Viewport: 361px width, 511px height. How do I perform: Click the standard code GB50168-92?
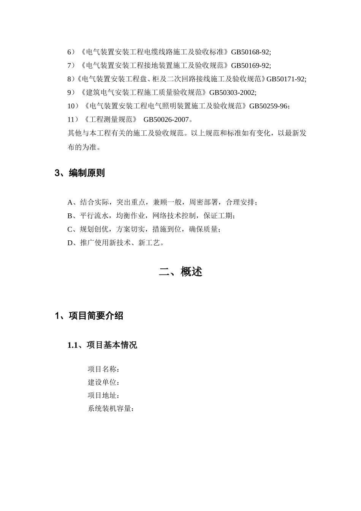[x=250, y=52]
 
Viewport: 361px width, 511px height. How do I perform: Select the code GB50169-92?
[x=250, y=65]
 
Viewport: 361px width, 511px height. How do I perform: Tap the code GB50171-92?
[x=285, y=79]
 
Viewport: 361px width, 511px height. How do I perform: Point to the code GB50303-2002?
[x=232, y=92]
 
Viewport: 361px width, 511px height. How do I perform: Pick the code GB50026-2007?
[x=166, y=120]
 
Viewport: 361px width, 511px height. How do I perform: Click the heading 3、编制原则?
[x=80, y=173]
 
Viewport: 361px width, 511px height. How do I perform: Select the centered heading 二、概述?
[x=180, y=272]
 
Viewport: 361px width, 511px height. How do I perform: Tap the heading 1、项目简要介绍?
[x=89, y=316]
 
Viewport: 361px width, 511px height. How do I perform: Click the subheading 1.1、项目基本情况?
[x=102, y=345]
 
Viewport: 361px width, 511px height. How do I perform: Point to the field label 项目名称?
[x=102, y=369]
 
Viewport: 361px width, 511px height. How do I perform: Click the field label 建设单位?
[x=102, y=382]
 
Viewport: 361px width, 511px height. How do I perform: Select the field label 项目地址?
[x=102, y=396]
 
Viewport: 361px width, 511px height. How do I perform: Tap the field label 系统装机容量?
[x=109, y=409]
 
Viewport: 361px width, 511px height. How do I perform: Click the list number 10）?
[x=73, y=106]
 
